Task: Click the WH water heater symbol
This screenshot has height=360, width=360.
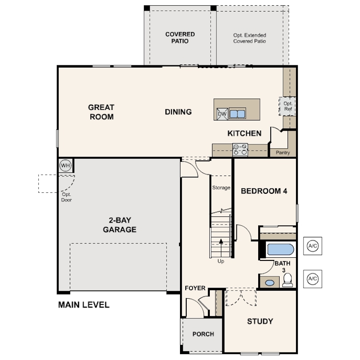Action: click(65, 165)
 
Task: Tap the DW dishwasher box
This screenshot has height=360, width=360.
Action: click(222, 114)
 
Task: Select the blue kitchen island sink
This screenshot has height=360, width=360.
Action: click(237, 114)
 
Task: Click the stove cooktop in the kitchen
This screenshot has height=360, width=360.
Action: click(240, 150)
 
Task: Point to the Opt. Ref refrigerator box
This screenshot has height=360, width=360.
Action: click(287, 106)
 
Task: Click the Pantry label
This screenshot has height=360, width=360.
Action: click(283, 152)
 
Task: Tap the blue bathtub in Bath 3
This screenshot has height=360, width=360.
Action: click(280, 249)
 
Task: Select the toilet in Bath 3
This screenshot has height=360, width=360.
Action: click(288, 280)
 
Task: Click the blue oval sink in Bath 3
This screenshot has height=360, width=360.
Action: click(269, 283)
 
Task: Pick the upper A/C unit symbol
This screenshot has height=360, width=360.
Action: click(312, 246)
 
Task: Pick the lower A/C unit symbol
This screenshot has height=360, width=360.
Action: click(312, 279)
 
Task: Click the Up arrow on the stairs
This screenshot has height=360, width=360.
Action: click(221, 248)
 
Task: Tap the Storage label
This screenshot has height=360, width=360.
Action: click(221, 188)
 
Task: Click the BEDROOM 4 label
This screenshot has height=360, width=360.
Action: click(264, 191)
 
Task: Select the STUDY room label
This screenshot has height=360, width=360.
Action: click(260, 321)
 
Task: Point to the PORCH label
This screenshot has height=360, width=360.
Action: click(203, 334)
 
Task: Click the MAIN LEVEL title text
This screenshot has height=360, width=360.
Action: click(84, 305)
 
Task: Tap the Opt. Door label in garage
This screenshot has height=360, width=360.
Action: click(66, 197)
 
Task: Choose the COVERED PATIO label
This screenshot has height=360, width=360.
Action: click(180, 38)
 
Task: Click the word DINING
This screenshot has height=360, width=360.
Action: click(178, 112)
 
